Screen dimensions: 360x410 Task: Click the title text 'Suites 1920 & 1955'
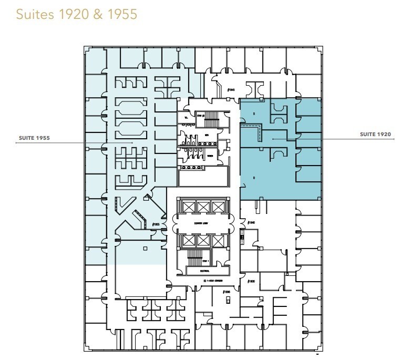click(77, 14)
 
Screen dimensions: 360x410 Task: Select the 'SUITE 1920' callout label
click(375, 135)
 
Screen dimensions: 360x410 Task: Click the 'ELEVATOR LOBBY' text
click(203, 223)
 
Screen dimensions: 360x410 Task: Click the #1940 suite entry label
click(251, 223)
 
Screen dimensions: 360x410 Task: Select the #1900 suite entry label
click(251, 282)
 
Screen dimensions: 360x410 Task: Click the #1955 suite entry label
click(155, 225)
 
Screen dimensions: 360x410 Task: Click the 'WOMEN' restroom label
click(209, 156)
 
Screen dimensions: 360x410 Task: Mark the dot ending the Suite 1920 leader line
click(273, 139)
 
